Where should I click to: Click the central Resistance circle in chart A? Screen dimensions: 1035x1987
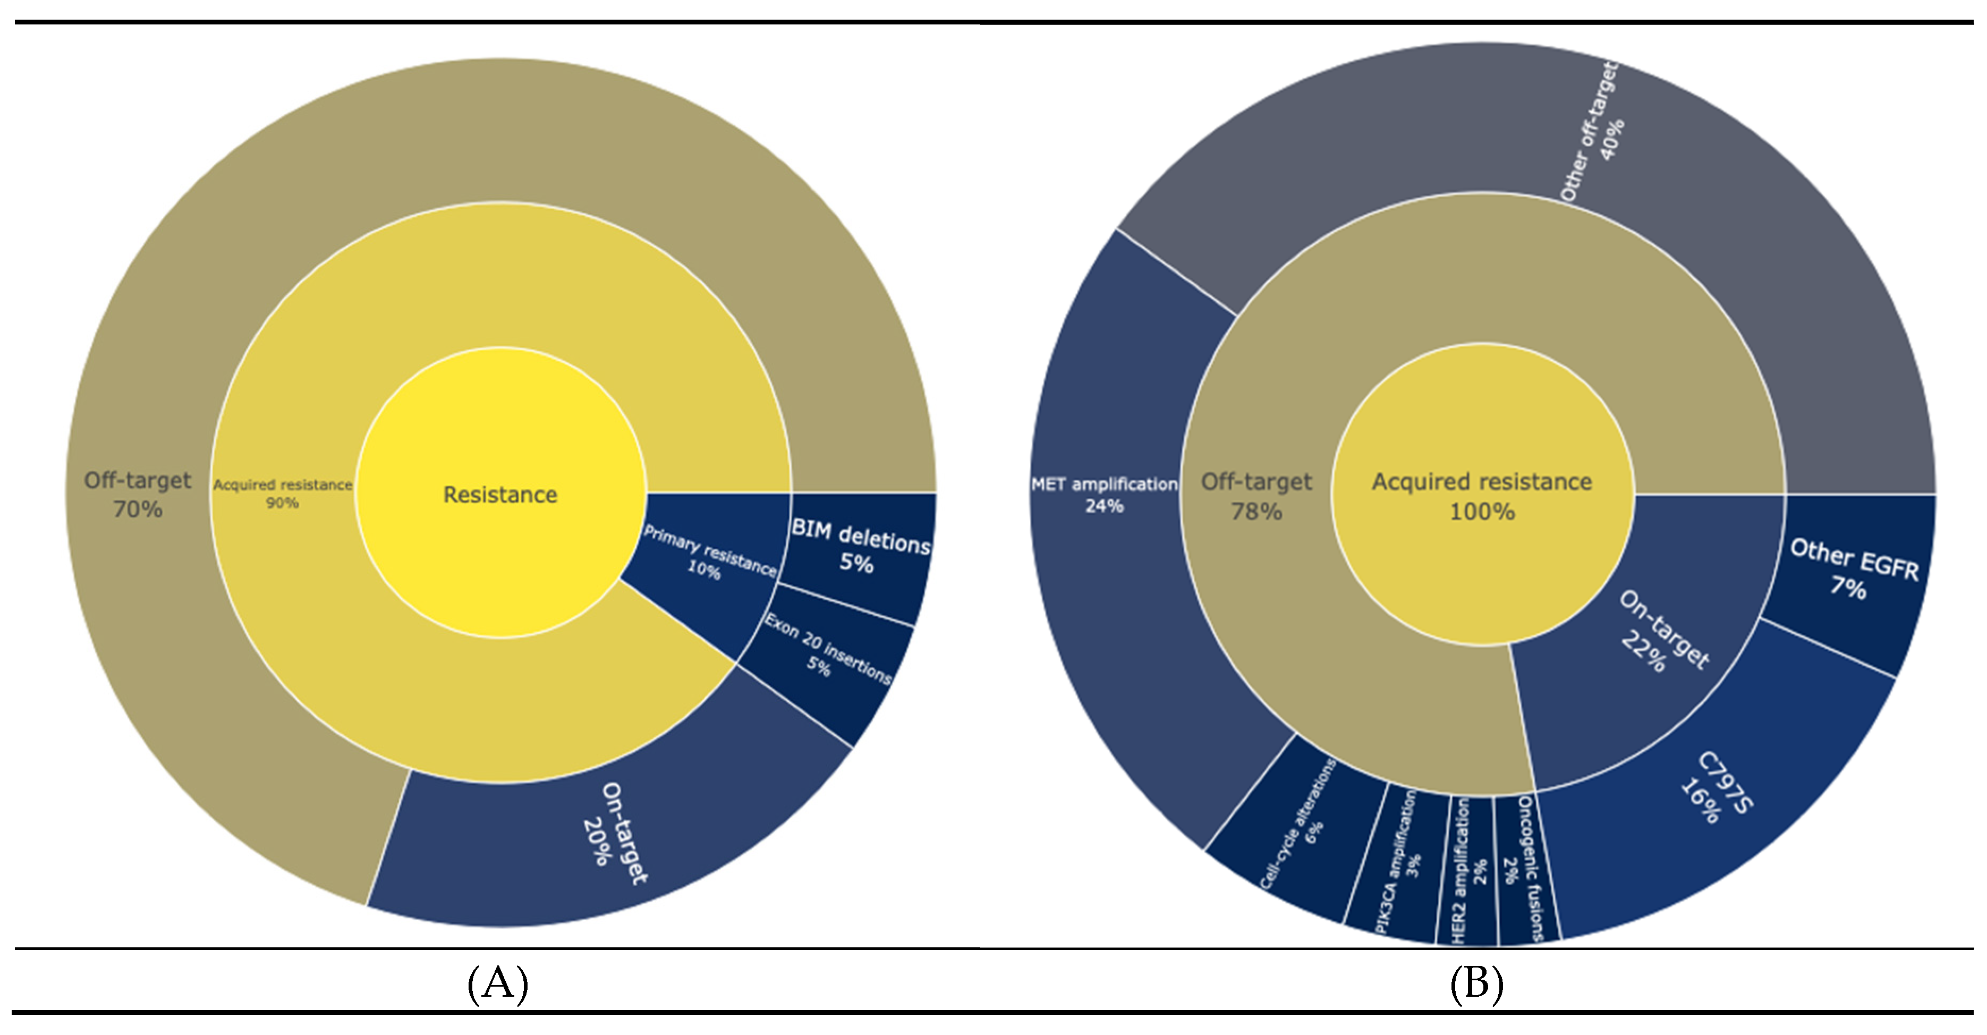point(500,494)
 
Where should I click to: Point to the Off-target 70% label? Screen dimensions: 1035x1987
point(137,494)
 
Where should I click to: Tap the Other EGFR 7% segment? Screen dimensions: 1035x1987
point(1851,571)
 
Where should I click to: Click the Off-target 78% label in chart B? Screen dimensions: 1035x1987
point(1256,496)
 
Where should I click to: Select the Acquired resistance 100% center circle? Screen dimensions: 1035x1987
point(1482,495)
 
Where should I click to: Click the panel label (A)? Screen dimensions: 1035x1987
point(497,983)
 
